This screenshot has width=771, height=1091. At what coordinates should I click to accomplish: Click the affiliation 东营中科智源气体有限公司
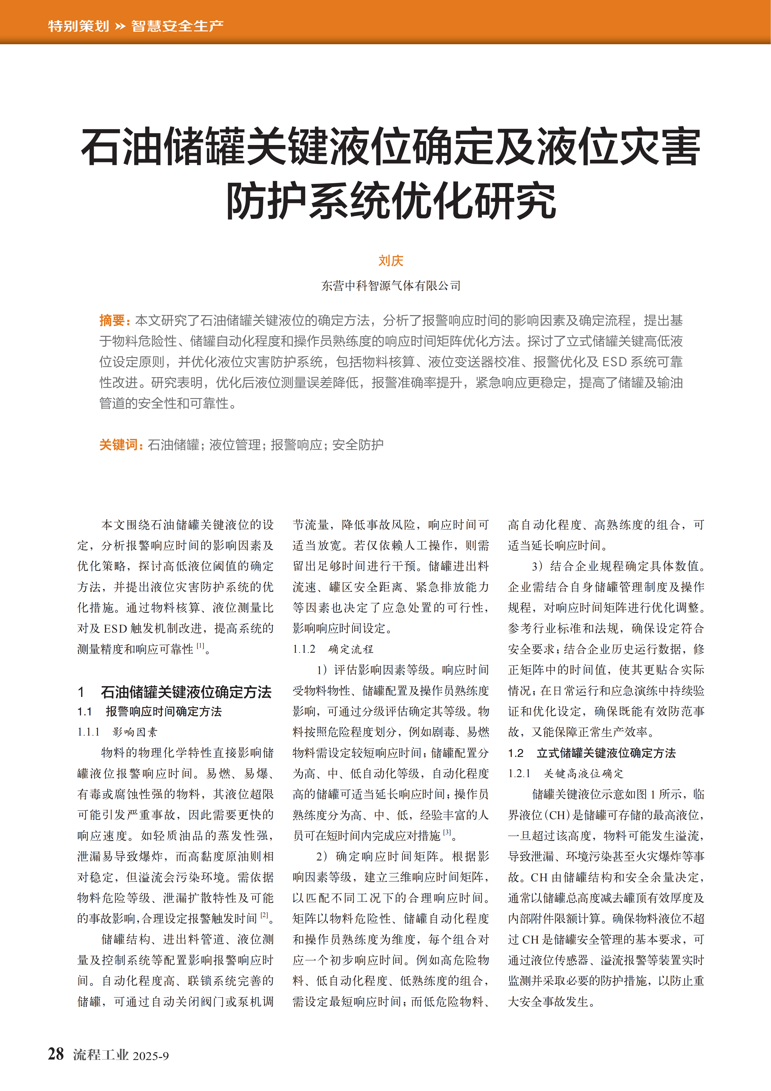[x=390, y=286]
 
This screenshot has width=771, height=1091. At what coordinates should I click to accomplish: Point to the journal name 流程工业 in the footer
[x=101, y=1055]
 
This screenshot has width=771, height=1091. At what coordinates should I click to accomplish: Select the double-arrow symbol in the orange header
[x=120, y=26]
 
